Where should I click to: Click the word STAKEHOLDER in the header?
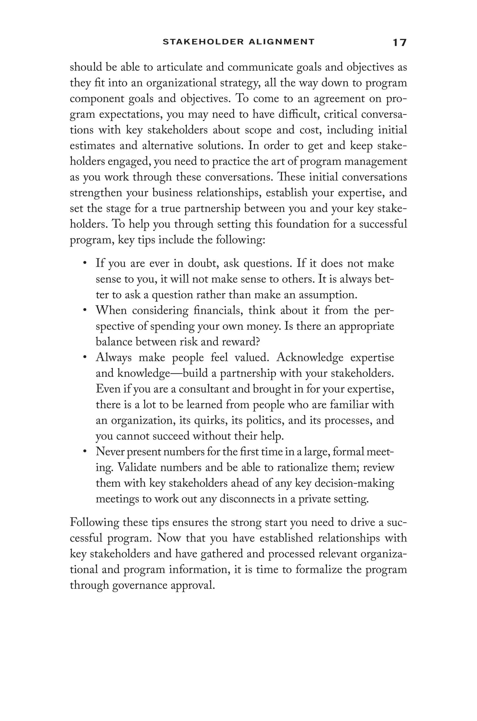[x=203, y=42]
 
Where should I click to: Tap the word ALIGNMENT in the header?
[x=281, y=42]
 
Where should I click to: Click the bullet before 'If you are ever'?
[x=85, y=263]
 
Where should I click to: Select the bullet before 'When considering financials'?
[x=85, y=310]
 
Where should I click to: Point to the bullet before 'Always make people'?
[x=85, y=357]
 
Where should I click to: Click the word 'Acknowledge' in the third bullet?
[x=310, y=358]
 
